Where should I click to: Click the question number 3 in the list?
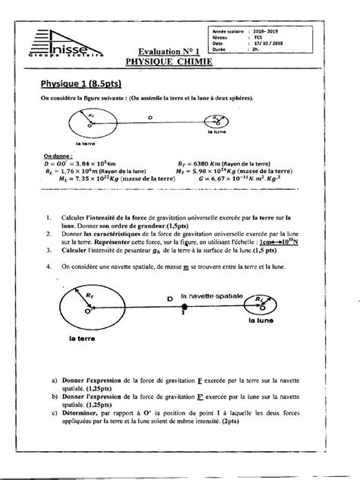[x=48, y=249]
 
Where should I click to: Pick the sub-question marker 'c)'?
[x=55, y=412]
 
